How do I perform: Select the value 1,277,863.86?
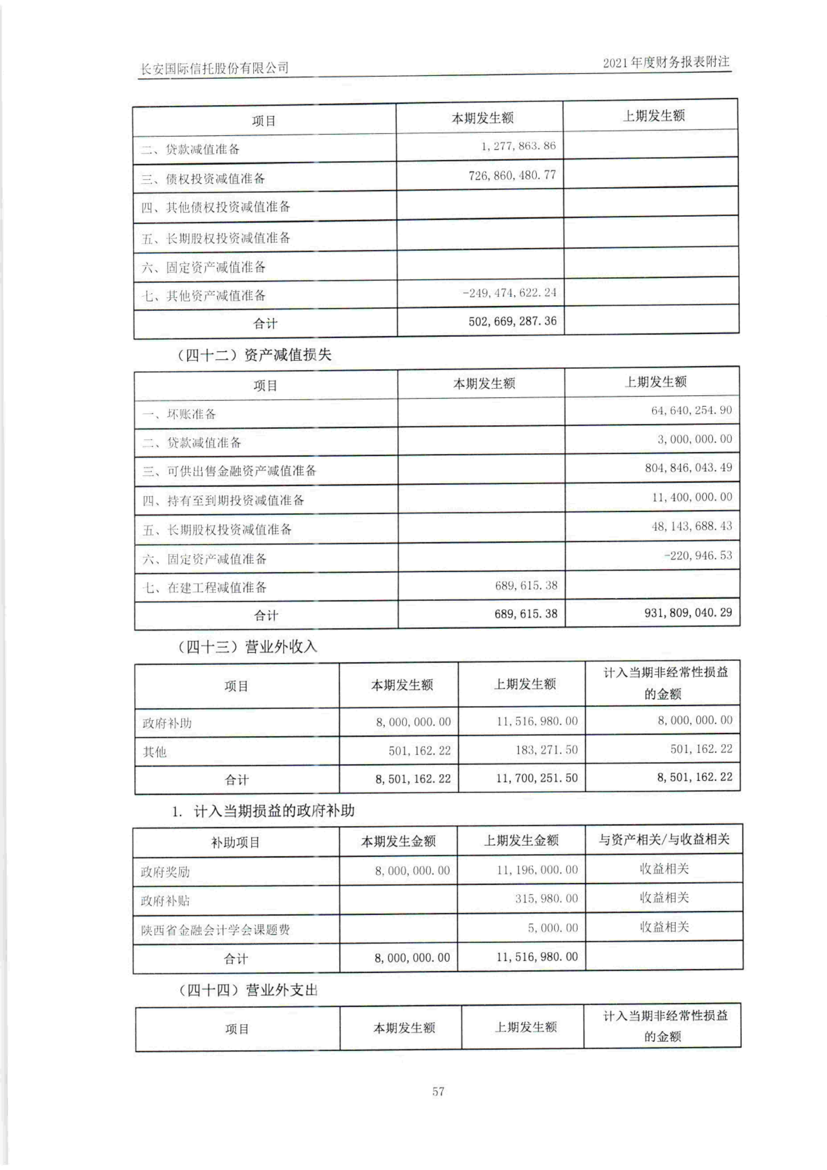[518, 146]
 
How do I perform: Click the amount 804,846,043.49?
[688, 468]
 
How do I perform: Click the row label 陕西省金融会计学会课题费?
[216, 930]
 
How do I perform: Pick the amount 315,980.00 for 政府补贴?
[546, 898]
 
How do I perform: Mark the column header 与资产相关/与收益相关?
[664, 839]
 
